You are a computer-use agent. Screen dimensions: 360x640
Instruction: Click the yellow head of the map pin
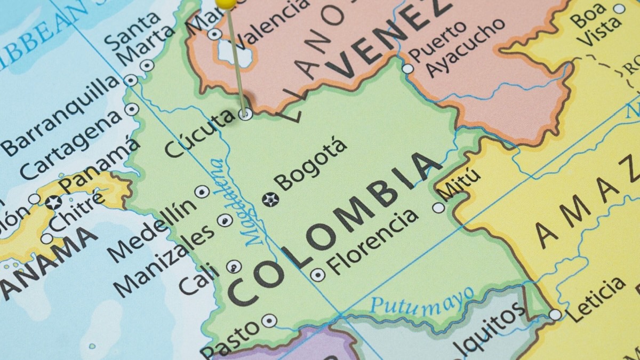[226, 3]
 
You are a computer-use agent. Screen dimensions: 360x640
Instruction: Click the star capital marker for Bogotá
[270, 199]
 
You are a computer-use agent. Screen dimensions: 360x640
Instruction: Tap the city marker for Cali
[234, 266]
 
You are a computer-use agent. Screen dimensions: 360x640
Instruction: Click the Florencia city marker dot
[317, 275]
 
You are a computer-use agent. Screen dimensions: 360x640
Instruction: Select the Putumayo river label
[422, 301]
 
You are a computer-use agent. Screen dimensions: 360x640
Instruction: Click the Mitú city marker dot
[439, 207]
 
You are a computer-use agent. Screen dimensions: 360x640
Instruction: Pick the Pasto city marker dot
[269, 321]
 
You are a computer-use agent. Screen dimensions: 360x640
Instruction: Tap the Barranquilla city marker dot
[131, 81]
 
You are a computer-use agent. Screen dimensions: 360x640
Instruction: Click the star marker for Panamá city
[53, 202]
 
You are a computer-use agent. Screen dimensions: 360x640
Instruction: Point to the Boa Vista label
[589, 21]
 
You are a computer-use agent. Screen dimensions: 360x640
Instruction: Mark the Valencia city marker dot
[214, 35]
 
